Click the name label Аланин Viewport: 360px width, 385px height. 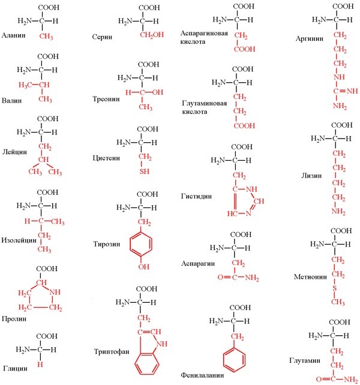[x=14, y=35]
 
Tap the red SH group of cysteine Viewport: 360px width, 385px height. [x=145, y=171]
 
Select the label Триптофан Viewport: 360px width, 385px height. [x=112, y=351]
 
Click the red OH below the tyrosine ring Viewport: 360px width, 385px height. [x=144, y=266]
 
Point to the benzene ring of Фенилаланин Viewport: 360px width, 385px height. [x=234, y=360]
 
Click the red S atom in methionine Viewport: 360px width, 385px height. [x=334, y=288]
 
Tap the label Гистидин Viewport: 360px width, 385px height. [x=196, y=196]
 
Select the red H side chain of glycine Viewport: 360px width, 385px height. [x=40, y=365]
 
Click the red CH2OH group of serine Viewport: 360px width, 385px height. [x=152, y=35]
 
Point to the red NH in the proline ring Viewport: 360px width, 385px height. [x=55, y=292]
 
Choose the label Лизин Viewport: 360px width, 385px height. [x=311, y=176]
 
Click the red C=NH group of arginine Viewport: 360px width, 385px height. [x=346, y=91]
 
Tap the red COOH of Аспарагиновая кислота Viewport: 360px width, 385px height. [x=245, y=49]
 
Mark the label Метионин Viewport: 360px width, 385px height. [x=310, y=277]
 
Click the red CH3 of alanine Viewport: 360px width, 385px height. [x=46, y=37]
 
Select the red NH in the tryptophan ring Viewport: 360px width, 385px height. [x=161, y=344]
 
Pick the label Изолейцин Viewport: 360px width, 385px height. [x=19, y=240]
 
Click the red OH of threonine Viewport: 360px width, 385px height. [x=158, y=92]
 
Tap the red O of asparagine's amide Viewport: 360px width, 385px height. [x=220, y=278]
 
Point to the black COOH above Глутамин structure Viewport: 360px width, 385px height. [x=340, y=322]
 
